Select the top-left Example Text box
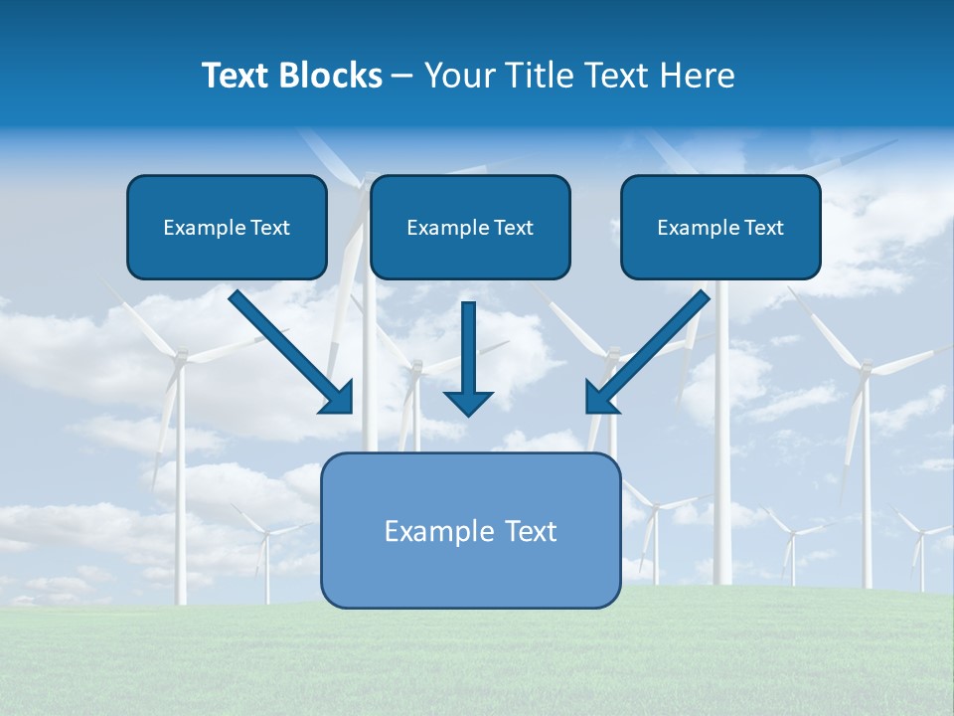tap(227, 227)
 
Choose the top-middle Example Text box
tap(470, 227)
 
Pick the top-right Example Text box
tap(720, 227)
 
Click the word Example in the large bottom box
tap(433, 531)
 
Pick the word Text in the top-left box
tap(270, 228)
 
